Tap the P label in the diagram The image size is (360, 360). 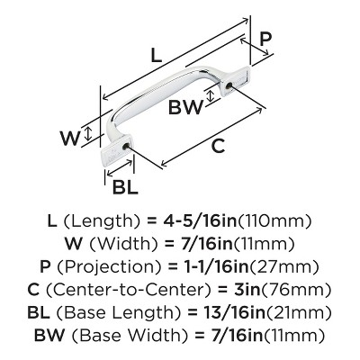click(x=265, y=39)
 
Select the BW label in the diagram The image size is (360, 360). click(x=185, y=107)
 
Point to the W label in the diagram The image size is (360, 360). click(x=70, y=138)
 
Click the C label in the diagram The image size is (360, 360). click(x=218, y=146)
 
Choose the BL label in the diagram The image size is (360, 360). click(x=125, y=186)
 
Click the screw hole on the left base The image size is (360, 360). click(x=126, y=147)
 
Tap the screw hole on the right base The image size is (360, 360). click(x=229, y=86)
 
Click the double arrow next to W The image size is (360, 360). click(x=88, y=134)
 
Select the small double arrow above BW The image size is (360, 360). click(x=211, y=95)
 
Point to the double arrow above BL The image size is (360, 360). click(x=120, y=167)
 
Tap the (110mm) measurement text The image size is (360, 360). click(x=274, y=221)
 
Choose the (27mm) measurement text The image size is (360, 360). click(x=284, y=267)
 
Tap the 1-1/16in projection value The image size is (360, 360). click(x=212, y=267)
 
